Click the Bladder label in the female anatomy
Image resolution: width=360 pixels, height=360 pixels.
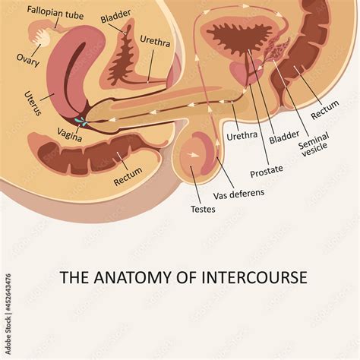[x=116, y=13]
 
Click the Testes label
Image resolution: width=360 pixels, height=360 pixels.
[x=202, y=208]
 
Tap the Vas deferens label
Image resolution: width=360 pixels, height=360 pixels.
[x=238, y=194]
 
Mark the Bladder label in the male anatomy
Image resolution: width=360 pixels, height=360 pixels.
[x=283, y=137]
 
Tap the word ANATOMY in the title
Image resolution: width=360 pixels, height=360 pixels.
[x=125, y=277]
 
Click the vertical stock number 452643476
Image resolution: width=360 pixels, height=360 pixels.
[x=8, y=308]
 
